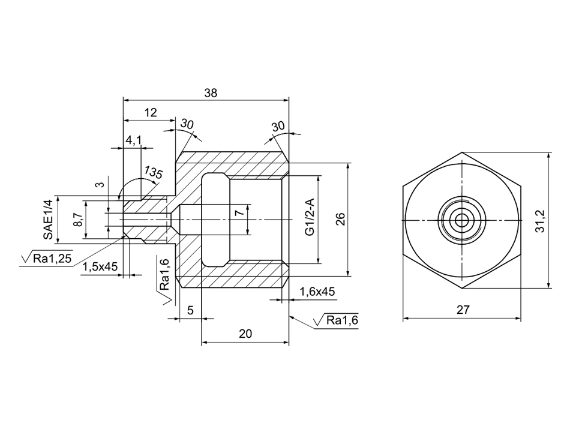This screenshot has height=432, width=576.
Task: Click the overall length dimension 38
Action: (211, 93)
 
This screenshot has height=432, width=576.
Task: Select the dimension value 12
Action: (151, 112)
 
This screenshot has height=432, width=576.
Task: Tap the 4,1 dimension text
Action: (134, 140)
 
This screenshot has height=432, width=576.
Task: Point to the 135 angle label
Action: (153, 172)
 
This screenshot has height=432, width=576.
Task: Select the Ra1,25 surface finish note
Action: (47, 258)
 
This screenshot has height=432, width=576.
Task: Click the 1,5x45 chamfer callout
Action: (100, 266)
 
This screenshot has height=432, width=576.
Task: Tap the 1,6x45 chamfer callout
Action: (317, 292)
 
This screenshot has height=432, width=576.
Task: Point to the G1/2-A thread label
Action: (310, 217)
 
